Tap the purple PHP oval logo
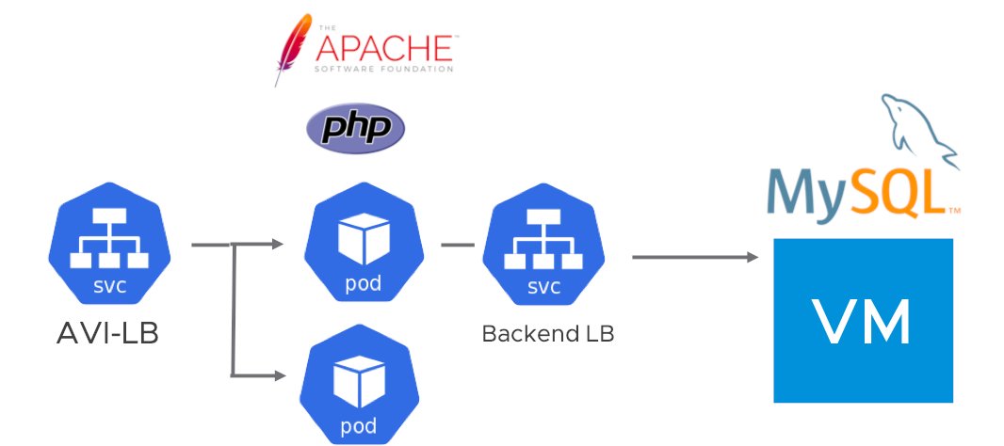(x=356, y=129)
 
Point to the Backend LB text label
(x=547, y=334)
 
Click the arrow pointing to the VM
(x=697, y=256)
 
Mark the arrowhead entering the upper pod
(x=277, y=245)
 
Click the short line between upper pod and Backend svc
(x=457, y=246)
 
